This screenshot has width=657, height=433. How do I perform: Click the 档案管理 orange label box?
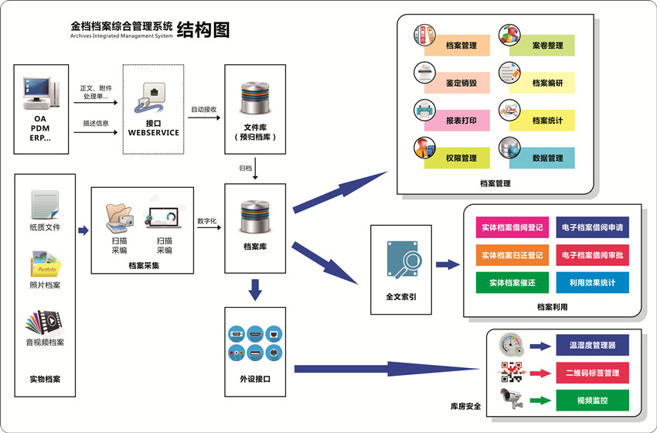pos(461,46)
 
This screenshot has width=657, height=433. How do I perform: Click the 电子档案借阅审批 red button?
pos(592,255)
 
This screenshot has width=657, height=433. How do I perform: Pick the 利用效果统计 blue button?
pos(592,283)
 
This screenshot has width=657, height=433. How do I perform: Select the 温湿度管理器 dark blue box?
pos(592,345)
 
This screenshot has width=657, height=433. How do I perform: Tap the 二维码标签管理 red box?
pos(592,373)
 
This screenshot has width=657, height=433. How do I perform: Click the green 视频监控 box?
pos(592,401)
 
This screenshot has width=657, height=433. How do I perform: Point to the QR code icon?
pos(512,373)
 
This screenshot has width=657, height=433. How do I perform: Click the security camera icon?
pos(512,398)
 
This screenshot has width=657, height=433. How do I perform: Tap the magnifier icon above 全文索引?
pos(402,260)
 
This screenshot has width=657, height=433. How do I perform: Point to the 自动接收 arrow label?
pos(204,110)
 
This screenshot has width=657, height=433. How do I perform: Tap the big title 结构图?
pos(203,30)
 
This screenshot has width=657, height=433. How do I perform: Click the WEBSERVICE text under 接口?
pos(153,132)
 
